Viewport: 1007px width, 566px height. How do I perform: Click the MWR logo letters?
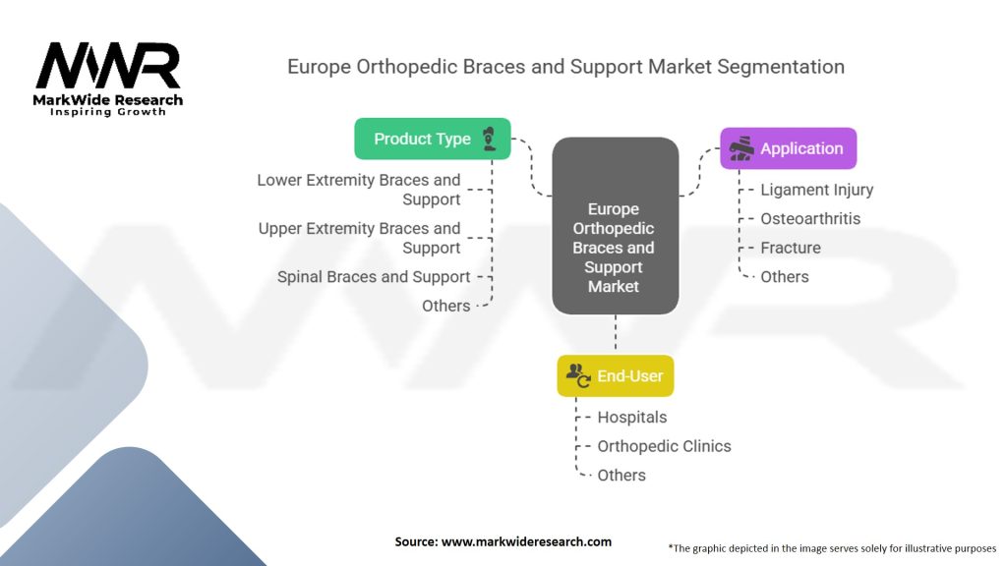pyautogui.click(x=108, y=66)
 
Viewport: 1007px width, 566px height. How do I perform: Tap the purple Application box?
pyautogui.click(x=788, y=148)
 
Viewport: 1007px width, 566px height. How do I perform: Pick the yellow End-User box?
pyautogui.click(x=616, y=375)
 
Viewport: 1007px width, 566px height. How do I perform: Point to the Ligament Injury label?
pyautogui.click(x=816, y=190)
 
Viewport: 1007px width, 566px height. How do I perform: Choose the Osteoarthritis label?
pyautogui.click(x=810, y=218)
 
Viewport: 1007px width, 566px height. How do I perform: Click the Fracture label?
pyautogui.click(x=790, y=248)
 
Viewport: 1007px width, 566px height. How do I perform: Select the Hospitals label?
pyautogui.click(x=631, y=417)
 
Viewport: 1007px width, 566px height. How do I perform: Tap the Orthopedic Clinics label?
pyautogui.click(x=664, y=446)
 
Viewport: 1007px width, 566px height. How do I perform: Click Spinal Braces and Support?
pyautogui.click(x=374, y=277)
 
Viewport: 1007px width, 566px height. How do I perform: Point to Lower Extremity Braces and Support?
pyautogui.click(x=359, y=190)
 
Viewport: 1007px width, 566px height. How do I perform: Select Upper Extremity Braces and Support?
pyautogui.click(x=359, y=238)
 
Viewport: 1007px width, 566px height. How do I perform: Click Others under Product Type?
pyautogui.click(x=445, y=306)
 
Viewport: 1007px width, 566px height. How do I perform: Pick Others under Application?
pyautogui.click(x=784, y=276)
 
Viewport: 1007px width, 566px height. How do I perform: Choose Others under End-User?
pyautogui.click(x=622, y=475)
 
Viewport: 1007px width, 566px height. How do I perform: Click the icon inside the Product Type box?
pyautogui.click(x=490, y=139)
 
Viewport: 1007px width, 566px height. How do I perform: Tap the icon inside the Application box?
pyautogui.click(x=741, y=148)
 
